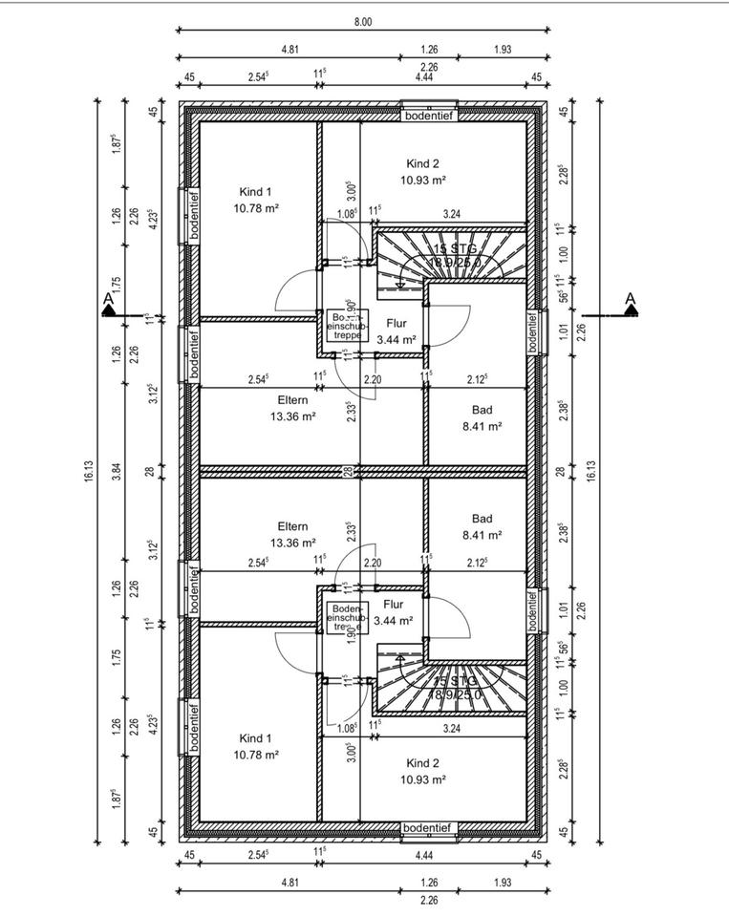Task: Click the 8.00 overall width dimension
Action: [x=363, y=21]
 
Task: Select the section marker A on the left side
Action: [x=109, y=304]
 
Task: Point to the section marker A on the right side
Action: [x=631, y=303]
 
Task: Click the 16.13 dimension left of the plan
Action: [x=88, y=471]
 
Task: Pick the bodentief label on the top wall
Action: [x=429, y=115]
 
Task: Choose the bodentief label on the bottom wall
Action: [x=429, y=827]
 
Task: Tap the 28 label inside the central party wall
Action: [x=350, y=471]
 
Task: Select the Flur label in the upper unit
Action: [x=396, y=324]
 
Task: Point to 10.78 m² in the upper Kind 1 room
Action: [x=255, y=207]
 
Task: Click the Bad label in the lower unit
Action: [x=482, y=519]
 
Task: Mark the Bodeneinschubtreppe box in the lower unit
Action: [x=345, y=617]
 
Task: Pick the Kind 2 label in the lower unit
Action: [x=422, y=763]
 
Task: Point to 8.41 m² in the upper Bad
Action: [x=482, y=427]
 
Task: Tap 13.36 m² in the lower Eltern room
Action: [x=292, y=543]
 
